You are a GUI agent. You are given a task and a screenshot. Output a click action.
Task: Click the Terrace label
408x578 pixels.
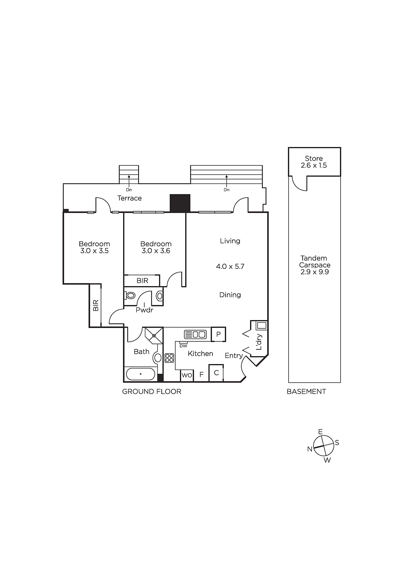click(x=130, y=198)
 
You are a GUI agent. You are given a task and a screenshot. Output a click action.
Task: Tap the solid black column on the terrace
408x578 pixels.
click(x=180, y=203)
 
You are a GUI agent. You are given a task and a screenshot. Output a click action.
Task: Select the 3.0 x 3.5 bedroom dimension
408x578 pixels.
click(x=94, y=251)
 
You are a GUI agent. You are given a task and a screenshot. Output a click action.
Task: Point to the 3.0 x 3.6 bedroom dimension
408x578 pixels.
click(x=156, y=251)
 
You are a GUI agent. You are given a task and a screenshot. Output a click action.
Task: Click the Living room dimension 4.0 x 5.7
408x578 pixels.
click(x=230, y=266)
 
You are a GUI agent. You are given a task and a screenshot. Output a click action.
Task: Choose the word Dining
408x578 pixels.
click(x=230, y=295)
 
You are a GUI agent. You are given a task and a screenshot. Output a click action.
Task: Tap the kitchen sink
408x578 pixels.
click(x=196, y=335)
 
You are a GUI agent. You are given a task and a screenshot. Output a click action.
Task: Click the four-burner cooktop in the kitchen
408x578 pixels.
click(x=169, y=358)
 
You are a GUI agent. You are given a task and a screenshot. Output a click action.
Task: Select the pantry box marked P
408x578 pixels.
click(x=218, y=335)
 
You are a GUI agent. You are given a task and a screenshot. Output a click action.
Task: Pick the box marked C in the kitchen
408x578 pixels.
click(x=216, y=372)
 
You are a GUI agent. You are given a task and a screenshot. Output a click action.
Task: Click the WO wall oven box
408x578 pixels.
click(x=187, y=375)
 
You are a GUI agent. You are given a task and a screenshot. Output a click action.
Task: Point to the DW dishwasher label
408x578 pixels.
click(x=183, y=346)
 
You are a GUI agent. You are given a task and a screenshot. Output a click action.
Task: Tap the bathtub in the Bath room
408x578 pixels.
click(x=140, y=374)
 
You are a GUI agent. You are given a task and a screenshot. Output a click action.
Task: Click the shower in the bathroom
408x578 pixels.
click(x=154, y=336)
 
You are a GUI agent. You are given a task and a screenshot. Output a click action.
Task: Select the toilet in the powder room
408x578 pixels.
click(x=131, y=296)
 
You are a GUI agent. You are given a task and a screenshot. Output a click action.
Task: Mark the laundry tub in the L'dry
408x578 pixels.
click(x=262, y=325)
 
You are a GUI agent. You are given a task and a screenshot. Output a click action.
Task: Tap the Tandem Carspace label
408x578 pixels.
click(x=315, y=262)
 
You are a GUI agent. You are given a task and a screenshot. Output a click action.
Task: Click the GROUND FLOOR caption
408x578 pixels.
click(x=152, y=392)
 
